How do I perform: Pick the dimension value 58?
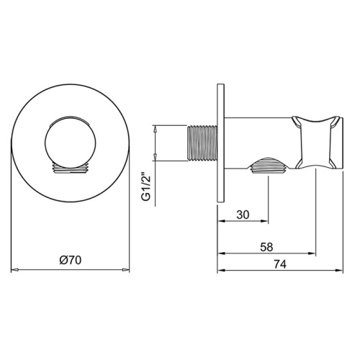tap(266, 247)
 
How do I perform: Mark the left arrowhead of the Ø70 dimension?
tap(15, 271)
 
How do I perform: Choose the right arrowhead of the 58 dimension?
tap(314, 253)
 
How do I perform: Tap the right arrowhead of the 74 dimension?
tap(342, 271)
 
